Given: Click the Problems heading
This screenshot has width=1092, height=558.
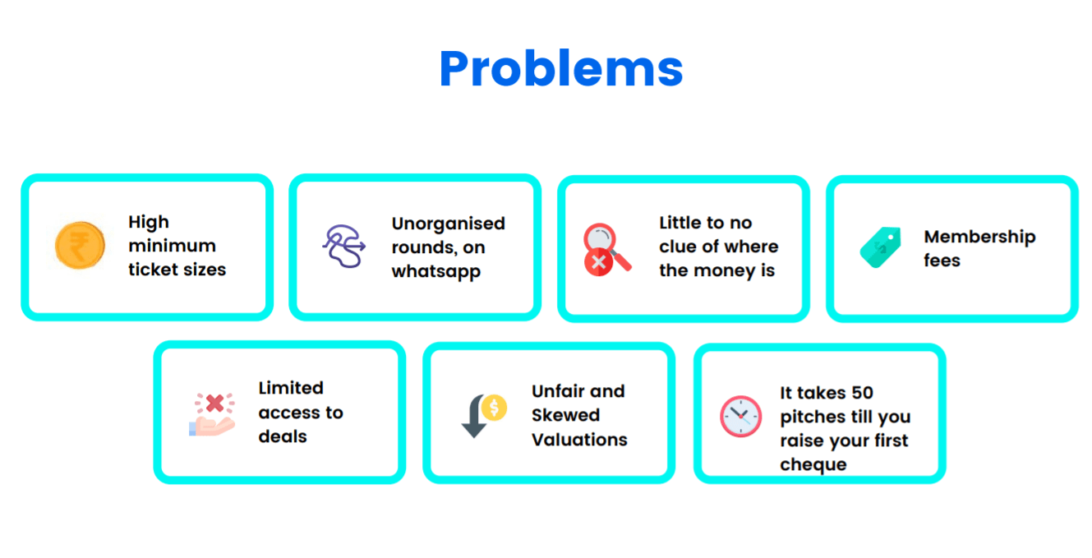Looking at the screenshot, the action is tap(560, 68).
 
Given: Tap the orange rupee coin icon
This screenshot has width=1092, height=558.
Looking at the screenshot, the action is tap(80, 246).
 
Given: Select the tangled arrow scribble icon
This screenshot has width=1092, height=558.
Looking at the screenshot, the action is tap(344, 246).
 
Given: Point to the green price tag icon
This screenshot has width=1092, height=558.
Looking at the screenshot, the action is tap(881, 247).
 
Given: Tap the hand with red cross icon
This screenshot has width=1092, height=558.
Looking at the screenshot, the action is tap(212, 414).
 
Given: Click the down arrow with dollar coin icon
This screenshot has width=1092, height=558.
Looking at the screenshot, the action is tap(484, 416).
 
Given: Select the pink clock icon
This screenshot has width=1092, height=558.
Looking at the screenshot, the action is tap(741, 416).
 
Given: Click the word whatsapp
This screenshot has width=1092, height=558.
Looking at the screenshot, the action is tap(435, 272).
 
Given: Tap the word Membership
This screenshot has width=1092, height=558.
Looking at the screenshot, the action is tap(980, 237).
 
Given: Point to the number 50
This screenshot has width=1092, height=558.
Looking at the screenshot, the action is tap(863, 393).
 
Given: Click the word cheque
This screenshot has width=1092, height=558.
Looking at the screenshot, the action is tap(813, 465).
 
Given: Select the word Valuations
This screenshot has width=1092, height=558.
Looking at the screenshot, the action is tap(579, 440).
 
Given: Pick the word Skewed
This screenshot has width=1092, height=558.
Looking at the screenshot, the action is tap(565, 415).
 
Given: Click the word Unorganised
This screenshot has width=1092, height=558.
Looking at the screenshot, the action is tap(449, 224).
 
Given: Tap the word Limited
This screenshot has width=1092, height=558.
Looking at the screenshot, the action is tap(291, 388).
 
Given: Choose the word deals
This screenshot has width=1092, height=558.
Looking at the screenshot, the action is tap(283, 436).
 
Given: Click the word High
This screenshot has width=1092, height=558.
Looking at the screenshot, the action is tap(149, 222).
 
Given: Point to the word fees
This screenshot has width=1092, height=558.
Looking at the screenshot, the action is tap(942, 260).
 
